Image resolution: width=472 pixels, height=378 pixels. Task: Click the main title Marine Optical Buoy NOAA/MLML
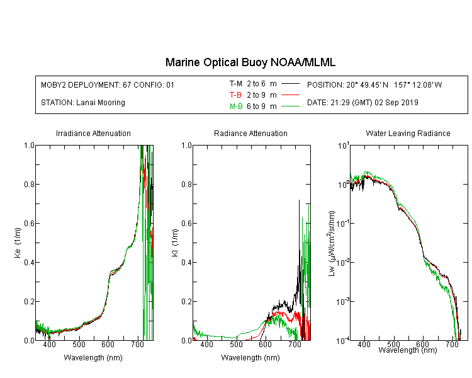(250, 62)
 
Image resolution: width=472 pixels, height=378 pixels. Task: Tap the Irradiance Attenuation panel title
(93, 133)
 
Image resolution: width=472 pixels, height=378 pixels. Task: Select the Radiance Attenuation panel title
(250, 133)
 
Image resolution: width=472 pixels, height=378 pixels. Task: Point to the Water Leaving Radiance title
(408, 133)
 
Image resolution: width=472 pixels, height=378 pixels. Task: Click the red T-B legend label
(236, 95)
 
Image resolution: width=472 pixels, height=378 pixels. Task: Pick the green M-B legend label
(236, 106)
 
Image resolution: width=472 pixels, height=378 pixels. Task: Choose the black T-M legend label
(236, 84)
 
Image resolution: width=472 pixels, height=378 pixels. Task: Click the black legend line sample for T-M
(290, 84)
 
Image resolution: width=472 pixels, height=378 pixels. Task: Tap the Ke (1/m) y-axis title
(18, 243)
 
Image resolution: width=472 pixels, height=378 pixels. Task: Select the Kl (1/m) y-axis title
(175, 243)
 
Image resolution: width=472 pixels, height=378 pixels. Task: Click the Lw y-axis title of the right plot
(332, 244)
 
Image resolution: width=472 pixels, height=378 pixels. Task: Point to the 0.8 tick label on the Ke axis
(29, 184)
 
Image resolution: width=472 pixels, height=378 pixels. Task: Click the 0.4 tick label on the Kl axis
(186, 262)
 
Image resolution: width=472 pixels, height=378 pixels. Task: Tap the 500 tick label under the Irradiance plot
(79, 344)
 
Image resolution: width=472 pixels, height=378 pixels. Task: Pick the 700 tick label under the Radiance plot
(295, 344)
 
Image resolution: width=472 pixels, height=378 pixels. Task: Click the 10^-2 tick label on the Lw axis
(343, 262)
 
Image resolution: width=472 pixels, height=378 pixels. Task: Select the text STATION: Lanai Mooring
(83, 103)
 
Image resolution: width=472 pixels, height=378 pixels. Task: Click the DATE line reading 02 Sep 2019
(362, 103)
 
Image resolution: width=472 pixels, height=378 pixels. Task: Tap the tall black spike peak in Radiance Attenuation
(299, 200)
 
